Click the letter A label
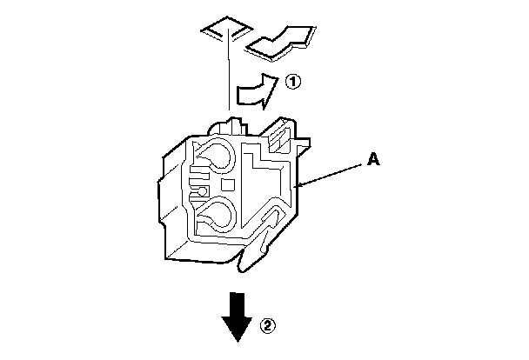pos(372,159)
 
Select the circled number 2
pos(269,326)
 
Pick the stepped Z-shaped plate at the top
pos(278,42)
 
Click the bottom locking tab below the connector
pos(253,257)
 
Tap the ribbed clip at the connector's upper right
pos(280,136)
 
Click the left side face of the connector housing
pos(174,204)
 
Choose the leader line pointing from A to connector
pos(335,171)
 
